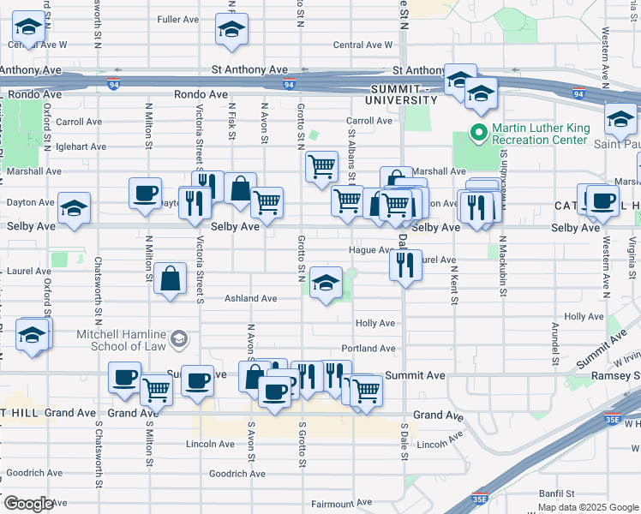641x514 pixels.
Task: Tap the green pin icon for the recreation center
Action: [x=477, y=134]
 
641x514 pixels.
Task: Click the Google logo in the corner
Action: [x=28, y=504]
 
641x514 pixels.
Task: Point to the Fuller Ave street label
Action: [x=178, y=19]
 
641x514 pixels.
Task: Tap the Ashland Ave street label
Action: [x=250, y=299]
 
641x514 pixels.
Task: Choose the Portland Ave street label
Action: [x=368, y=349]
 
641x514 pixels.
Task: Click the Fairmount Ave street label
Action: [x=341, y=503]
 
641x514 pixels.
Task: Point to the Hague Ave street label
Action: [x=369, y=250]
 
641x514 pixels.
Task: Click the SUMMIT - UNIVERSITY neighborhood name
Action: [x=404, y=94]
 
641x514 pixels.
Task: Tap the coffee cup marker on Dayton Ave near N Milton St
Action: [x=145, y=193]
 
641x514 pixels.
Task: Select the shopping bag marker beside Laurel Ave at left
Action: [x=171, y=278]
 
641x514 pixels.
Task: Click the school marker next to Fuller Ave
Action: [x=231, y=30]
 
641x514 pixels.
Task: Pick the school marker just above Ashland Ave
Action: [x=326, y=284]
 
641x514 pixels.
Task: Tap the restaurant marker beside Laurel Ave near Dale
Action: [x=405, y=263]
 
